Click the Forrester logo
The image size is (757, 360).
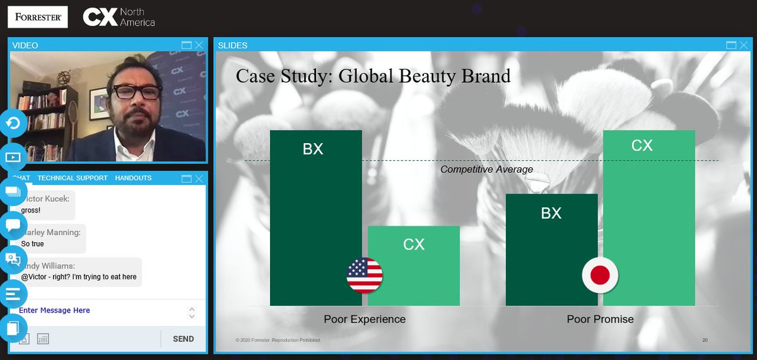[37, 17]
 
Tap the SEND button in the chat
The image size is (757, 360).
[183, 339]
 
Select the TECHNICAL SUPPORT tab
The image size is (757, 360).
[73, 178]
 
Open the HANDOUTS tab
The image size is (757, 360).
[133, 178]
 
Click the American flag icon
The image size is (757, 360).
[365, 276]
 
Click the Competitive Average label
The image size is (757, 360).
[486, 169]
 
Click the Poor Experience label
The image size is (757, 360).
[365, 319]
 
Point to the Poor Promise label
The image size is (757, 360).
[600, 319]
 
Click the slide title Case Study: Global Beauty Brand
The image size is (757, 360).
[373, 76]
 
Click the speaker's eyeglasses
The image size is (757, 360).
[135, 91]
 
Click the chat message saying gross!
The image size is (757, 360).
[30, 210]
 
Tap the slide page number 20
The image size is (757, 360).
[705, 340]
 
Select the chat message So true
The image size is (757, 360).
[33, 243]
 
